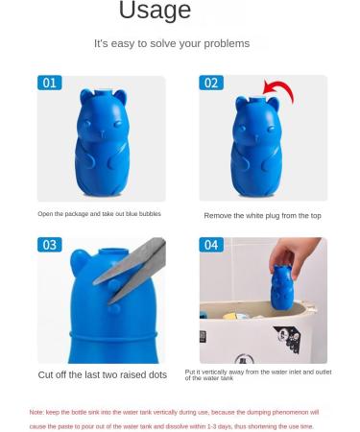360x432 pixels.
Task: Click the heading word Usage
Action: click(154, 12)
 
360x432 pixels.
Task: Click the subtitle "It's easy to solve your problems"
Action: click(171, 43)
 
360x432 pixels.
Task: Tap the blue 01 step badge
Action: click(50, 83)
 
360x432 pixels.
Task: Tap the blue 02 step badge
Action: click(211, 83)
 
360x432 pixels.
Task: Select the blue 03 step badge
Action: click(50, 245)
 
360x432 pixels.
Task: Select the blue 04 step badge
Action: click(211, 245)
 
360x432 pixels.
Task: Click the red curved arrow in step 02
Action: click(278, 91)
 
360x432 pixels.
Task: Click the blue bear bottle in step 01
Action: click(102, 139)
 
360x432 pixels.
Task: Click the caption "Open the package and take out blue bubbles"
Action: click(100, 214)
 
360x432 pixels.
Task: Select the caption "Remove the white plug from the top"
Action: click(262, 216)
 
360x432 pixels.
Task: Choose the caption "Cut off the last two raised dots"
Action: click(102, 374)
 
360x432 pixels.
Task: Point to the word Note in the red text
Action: click(36, 412)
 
